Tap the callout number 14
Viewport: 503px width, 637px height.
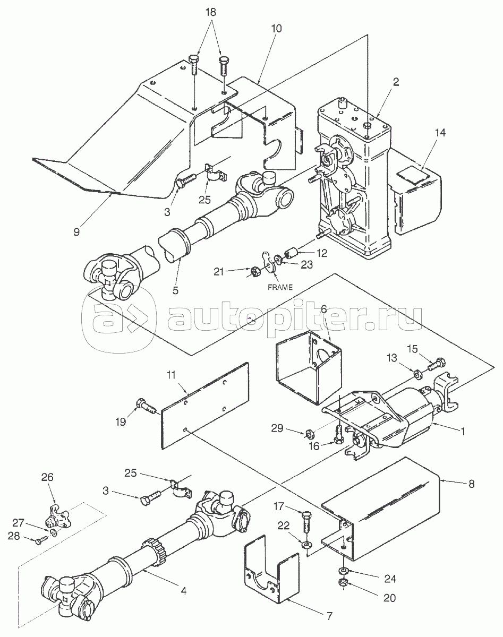(440, 133)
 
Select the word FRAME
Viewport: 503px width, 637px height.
(280, 287)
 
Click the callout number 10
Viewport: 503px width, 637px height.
(276, 29)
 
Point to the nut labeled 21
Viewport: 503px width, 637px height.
(255, 271)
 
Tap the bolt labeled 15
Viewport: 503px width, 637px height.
(437, 364)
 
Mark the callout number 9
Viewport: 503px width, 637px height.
(76, 231)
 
